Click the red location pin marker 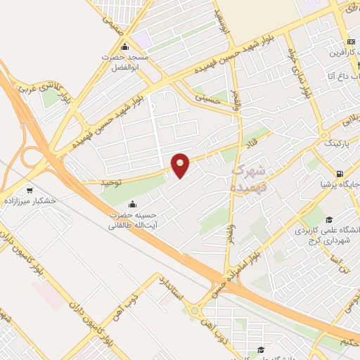[x=181, y=165]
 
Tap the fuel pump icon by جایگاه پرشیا [x=340, y=174]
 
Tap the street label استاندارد [x=171, y=289]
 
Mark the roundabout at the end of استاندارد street [x=193, y=310]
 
